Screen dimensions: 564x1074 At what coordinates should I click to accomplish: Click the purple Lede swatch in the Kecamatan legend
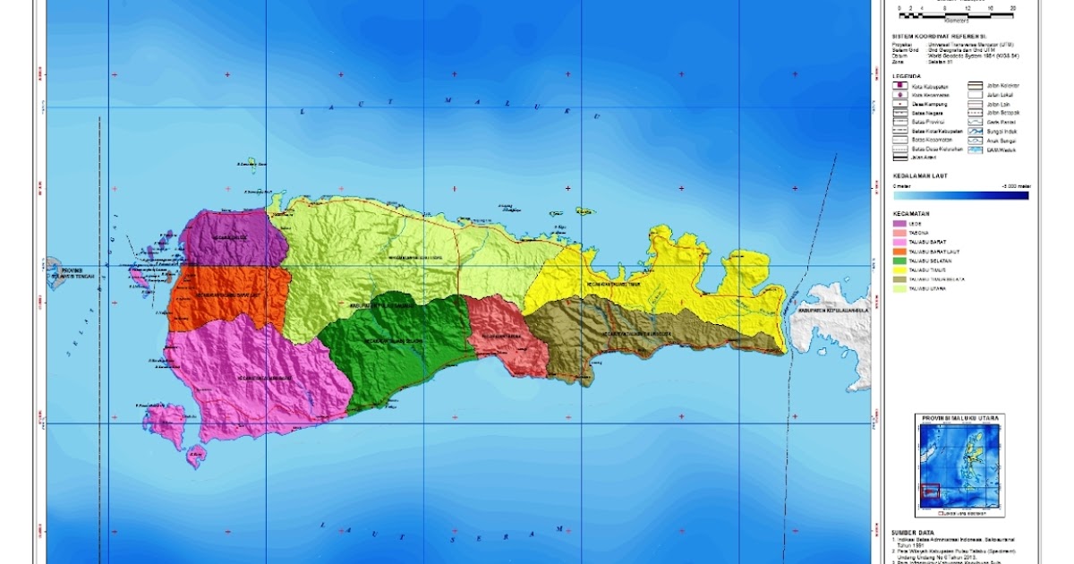point(899,223)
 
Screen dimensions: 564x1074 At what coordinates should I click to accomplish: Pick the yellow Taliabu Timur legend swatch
point(899,269)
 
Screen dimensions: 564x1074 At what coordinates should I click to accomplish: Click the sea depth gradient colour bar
point(960,195)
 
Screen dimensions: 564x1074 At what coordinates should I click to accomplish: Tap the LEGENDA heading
point(906,76)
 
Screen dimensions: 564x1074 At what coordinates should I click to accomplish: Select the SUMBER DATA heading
point(914,532)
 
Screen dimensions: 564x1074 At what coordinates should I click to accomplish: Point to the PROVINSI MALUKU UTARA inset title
point(959,418)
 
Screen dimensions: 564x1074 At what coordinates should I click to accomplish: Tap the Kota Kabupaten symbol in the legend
point(899,86)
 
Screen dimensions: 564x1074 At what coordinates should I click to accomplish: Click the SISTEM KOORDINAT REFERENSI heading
point(938,35)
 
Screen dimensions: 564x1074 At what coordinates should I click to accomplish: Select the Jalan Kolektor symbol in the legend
point(975,86)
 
